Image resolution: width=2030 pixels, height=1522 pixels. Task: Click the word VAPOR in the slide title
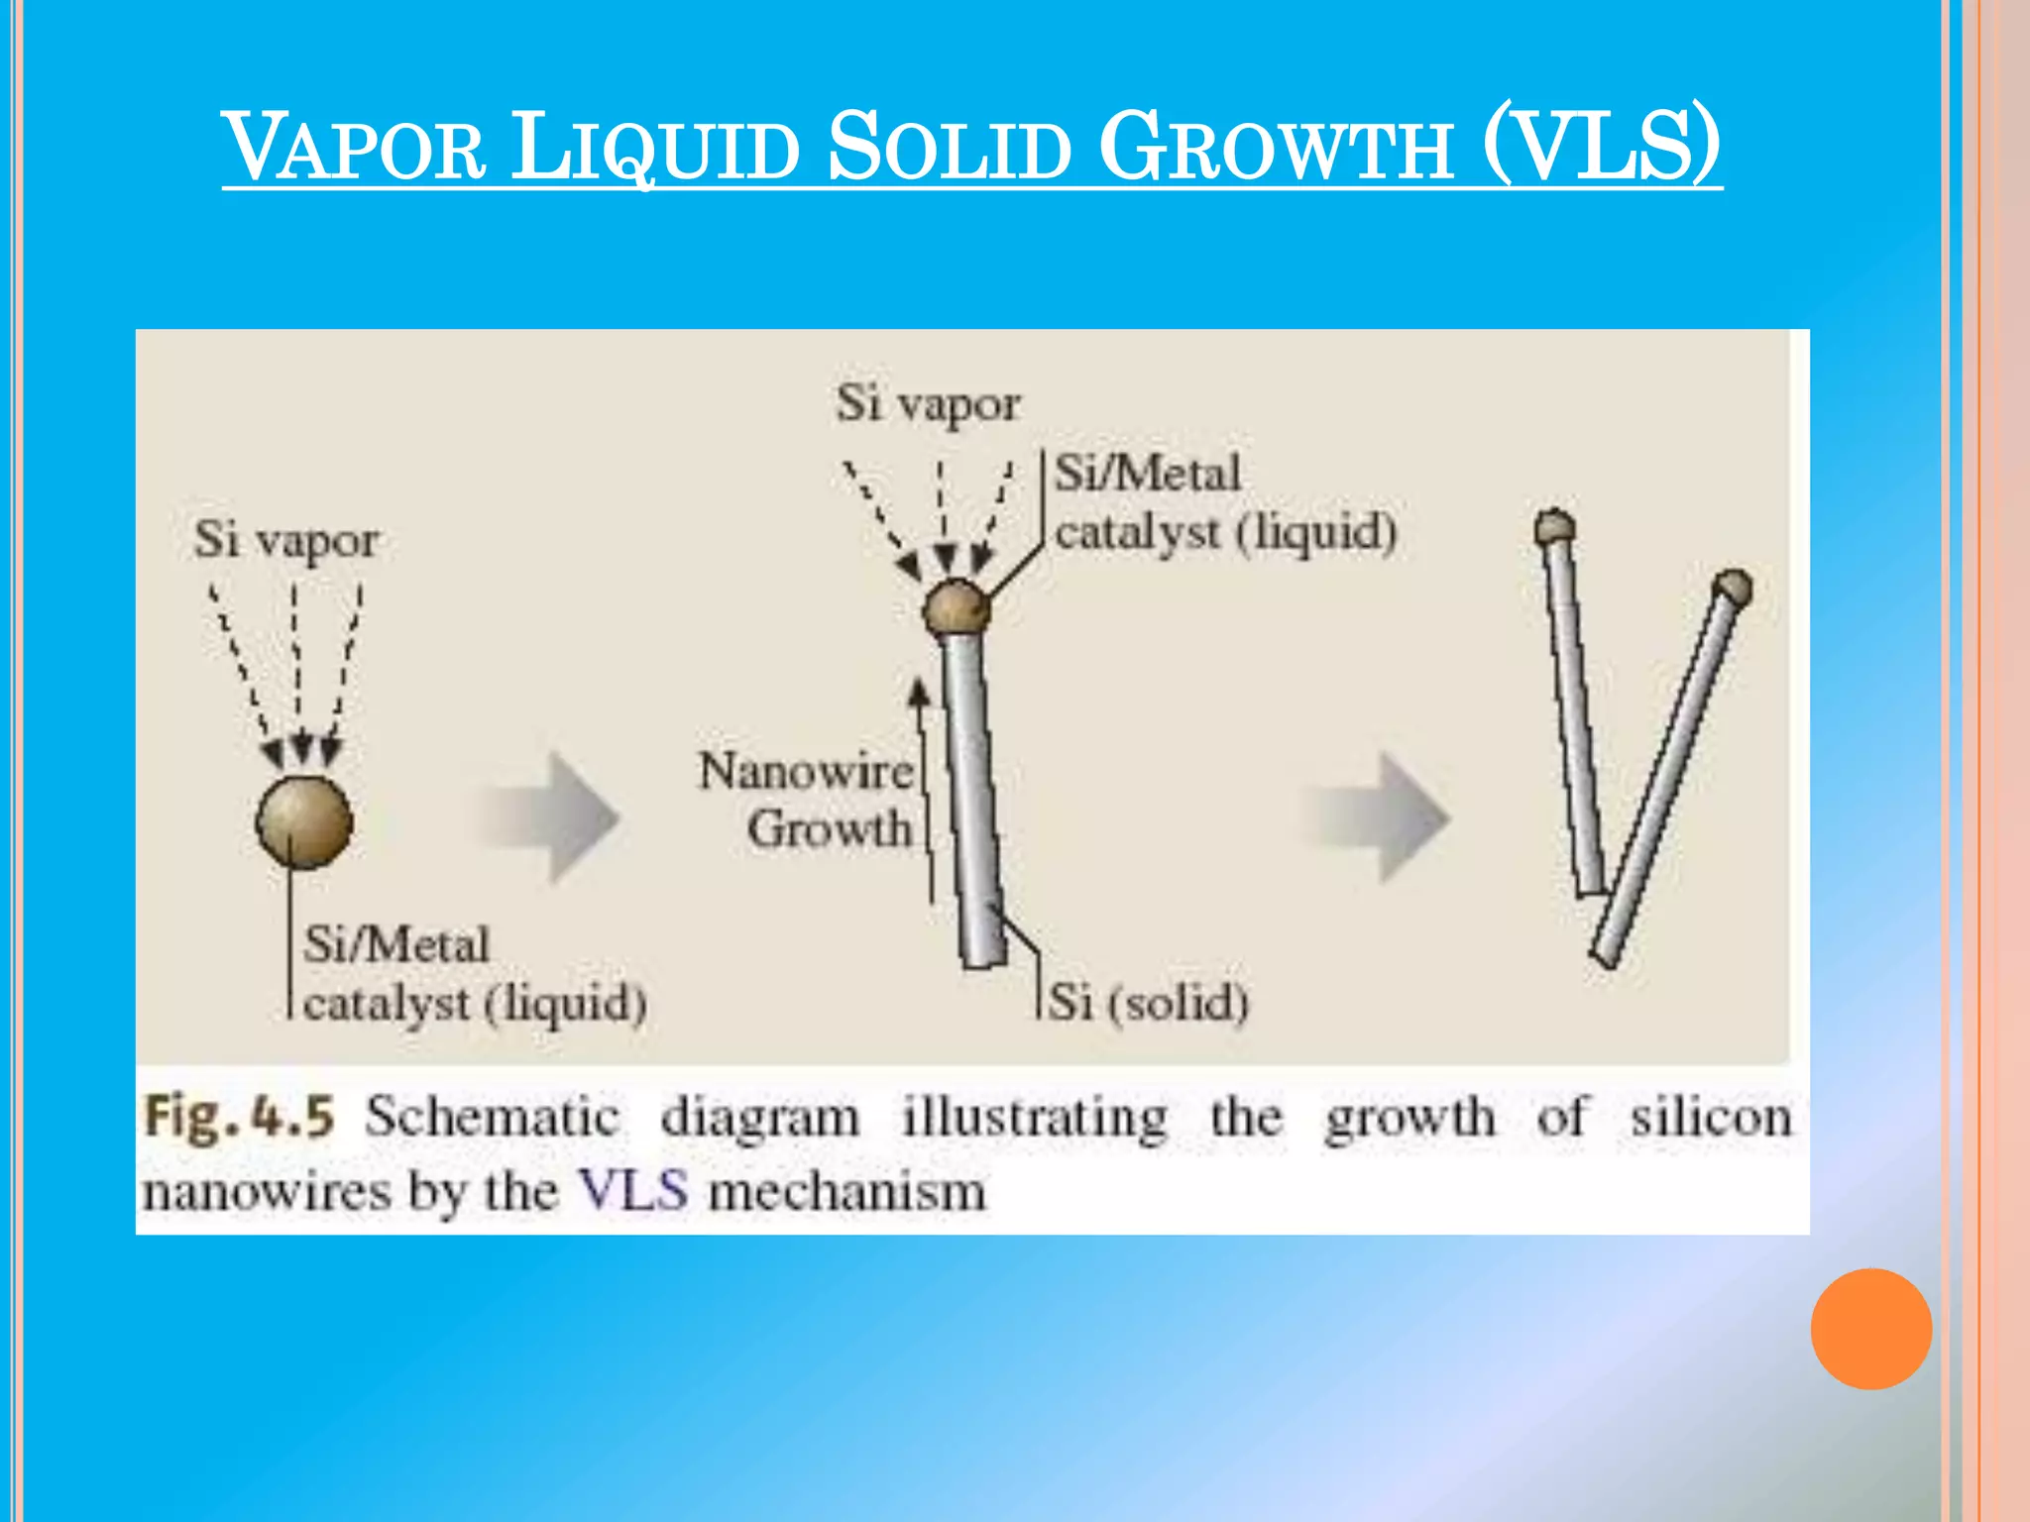[355, 149]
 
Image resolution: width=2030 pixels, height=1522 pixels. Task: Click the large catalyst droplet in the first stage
[303, 822]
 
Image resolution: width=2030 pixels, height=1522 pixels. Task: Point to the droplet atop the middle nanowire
[956, 608]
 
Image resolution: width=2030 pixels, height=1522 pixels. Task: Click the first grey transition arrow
[551, 818]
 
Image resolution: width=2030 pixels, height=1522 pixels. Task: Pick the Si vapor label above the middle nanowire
[928, 404]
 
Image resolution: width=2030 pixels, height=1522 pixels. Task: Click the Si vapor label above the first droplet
[285, 541]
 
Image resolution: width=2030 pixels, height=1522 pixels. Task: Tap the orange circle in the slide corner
[1870, 1329]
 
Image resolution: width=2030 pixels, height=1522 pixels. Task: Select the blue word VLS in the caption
[633, 1190]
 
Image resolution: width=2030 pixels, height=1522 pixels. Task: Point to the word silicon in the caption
[1712, 1118]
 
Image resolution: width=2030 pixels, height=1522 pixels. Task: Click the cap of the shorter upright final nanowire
[1554, 527]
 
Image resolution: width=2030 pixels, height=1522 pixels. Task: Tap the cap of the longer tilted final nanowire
[1732, 588]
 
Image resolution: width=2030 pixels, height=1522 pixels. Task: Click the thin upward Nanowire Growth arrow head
[920, 690]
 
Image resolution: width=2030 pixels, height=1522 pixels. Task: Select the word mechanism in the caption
[847, 1190]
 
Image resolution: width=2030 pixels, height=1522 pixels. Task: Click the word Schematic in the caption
[493, 1118]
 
